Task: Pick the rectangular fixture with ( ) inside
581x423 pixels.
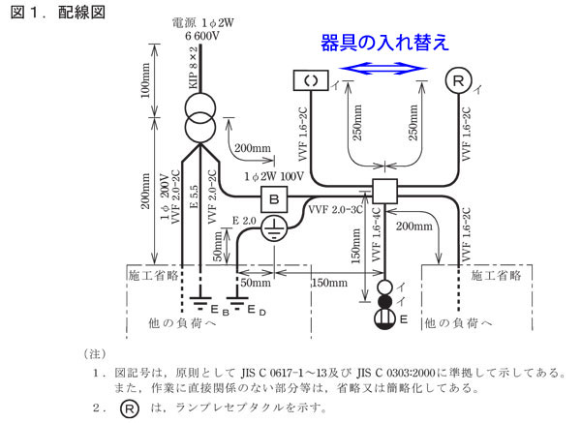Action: click(x=311, y=81)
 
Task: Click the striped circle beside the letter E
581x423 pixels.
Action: click(x=384, y=316)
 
